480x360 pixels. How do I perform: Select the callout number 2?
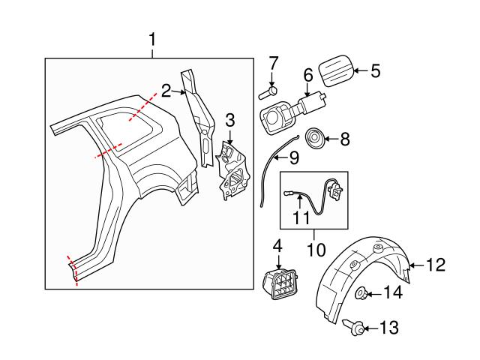(x=166, y=91)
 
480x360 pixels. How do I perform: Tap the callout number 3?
(x=230, y=120)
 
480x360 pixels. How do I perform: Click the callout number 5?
(x=375, y=71)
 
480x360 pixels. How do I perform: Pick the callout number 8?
(x=345, y=139)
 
